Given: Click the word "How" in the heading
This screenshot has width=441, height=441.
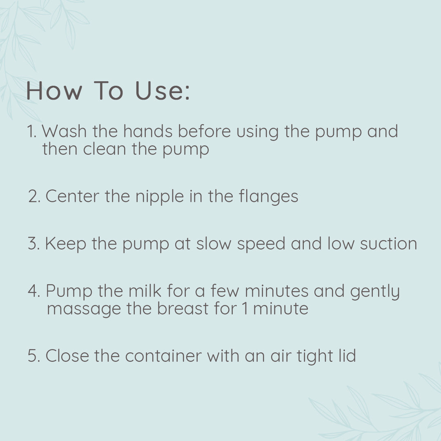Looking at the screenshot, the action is pyautogui.click(x=54, y=91).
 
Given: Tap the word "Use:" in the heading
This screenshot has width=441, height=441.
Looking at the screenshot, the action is pyautogui.click(x=163, y=91).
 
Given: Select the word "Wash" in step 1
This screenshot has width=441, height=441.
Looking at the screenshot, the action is pyautogui.click(x=64, y=131).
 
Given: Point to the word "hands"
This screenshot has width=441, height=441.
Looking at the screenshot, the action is pyautogui.click(x=148, y=131).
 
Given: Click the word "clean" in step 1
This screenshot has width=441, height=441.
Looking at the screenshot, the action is pyautogui.click(x=105, y=149).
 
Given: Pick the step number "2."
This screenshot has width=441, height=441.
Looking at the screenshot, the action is pyautogui.click(x=35, y=196).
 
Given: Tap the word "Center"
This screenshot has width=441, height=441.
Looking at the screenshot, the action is pyautogui.click(x=72, y=196).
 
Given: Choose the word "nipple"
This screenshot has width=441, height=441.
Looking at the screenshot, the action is pyautogui.click(x=160, y=197).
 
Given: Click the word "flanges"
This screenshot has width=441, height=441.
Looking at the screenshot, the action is pyautogui.click(x=269, y=197).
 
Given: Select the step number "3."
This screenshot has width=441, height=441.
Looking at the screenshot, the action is pyautogui.click(x=34, y=243).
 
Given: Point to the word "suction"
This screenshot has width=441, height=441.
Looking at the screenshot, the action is pyautogui.click(x=388, y=243).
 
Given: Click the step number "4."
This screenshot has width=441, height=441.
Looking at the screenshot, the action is pyautogui.click(x=34, y=291).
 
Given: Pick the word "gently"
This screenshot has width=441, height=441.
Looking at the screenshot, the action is pyautogui.click(x=375, y=292).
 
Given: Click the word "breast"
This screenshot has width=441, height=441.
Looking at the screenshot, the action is pyautogui.click(x=183, y=308).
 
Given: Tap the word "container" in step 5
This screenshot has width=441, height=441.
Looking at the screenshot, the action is pyautogui.click(x=163, y=356).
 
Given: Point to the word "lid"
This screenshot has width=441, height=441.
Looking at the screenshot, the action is pyautogui.click(x=347, y=356).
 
